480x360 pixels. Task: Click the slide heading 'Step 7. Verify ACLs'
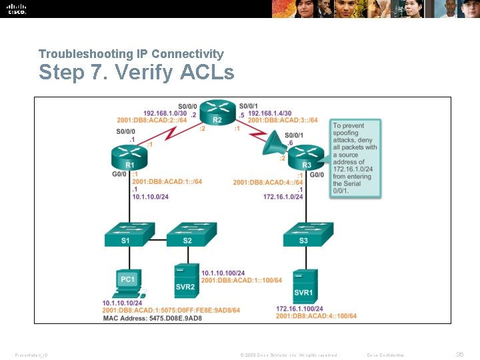(x=136, y=72)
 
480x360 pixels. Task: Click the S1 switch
(x=126, y=234)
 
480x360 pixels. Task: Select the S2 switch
(x=190, y=234)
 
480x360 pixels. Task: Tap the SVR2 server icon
(x=186, y=279)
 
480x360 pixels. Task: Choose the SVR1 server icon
(x=304, y=285)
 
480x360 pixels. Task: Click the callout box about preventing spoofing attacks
(x=355, y=158)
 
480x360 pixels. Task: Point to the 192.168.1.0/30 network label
(x=165, y=113)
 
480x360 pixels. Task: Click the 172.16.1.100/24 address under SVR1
(x=299, y=309)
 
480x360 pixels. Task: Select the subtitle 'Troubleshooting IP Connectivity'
(x=131, y=53)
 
